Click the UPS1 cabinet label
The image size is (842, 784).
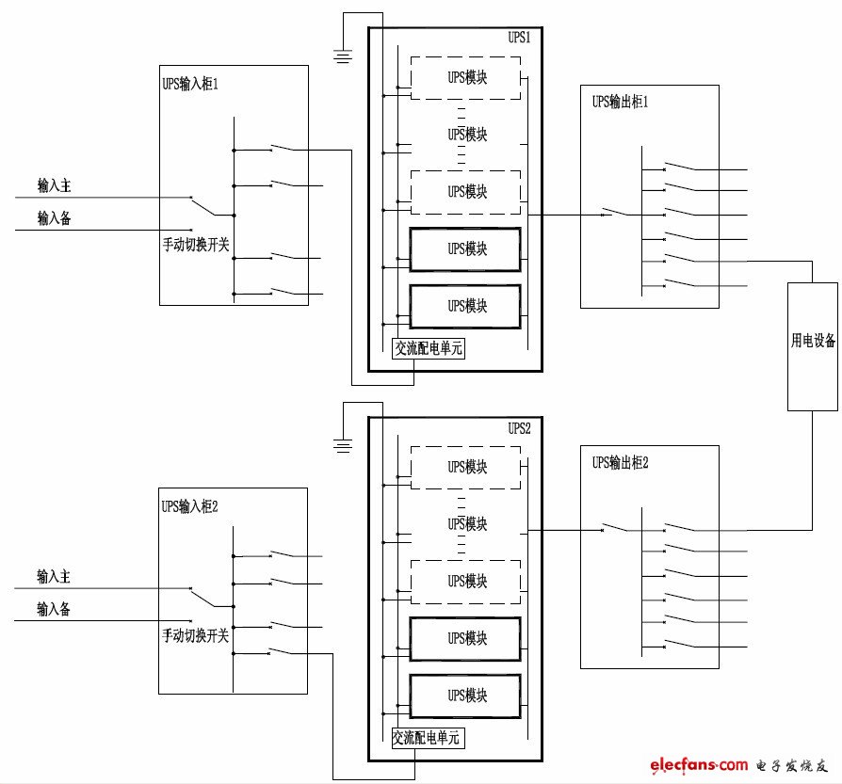click(x=520, y=39)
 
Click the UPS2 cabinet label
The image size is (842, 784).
click(x=520, y=428)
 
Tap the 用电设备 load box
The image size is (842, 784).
click(x=813, y=344)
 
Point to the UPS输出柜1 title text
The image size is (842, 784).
click(x=621, y=102)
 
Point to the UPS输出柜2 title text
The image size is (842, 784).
click(x=621, y=462)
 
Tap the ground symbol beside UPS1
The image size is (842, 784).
click(x=345, y=57)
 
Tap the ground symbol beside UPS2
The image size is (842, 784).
click(x=345, y=445)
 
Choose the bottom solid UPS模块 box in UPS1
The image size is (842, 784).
click(x=465, y=306)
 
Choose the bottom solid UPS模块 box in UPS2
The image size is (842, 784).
click(x=465, y=696)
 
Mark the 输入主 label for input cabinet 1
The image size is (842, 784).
click(x=54, y=186)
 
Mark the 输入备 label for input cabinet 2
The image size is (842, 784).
click(x=54, y=609)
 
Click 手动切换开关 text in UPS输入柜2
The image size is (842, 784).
click(x=196, y=637)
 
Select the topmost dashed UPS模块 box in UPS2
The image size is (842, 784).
click(x=465, y=467)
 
